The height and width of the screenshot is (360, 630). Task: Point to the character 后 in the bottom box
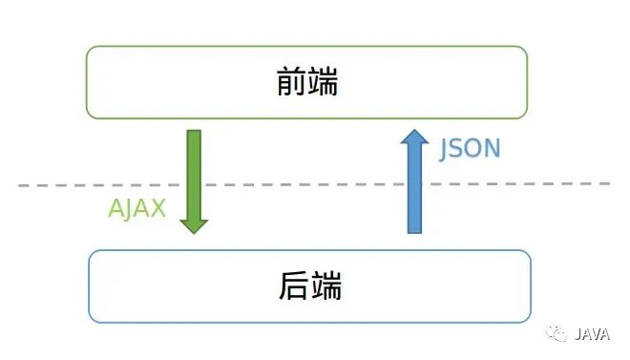(x=293, y=286)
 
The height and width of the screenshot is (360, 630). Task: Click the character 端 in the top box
(x=323, y=83)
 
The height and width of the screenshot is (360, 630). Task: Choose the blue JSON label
(x=470, y=149)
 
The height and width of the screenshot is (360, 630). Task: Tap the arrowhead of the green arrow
(x=194, y=225)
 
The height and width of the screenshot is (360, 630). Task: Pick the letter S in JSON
(x=459, y=149)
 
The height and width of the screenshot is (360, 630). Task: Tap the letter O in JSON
(x=474, y=149)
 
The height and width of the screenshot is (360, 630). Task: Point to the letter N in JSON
(x=492, y=149)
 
